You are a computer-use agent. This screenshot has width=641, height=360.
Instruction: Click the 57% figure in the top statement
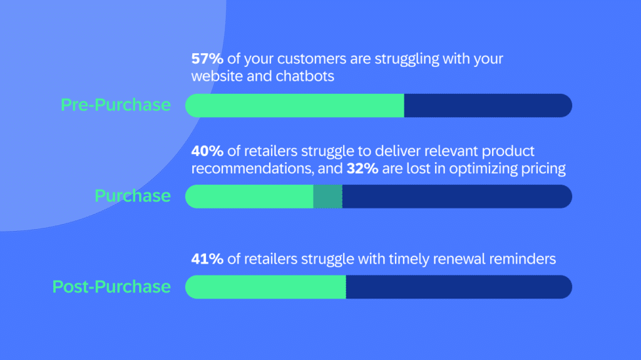coord(207,58)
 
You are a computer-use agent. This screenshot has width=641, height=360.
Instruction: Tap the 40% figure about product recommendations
coord(207,151)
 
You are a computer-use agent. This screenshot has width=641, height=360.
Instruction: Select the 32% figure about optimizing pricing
coord(362,168)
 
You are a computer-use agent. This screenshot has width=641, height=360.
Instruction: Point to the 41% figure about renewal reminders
coord(207,259)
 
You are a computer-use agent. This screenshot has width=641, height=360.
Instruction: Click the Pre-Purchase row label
coord(116,105)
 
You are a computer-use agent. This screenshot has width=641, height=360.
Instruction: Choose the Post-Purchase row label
coord(111,286)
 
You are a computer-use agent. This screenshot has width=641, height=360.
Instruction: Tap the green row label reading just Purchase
coord(133,195)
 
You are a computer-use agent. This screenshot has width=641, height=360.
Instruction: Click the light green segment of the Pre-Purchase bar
coord(295,106)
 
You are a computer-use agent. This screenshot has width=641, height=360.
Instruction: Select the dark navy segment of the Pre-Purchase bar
coord(488,106)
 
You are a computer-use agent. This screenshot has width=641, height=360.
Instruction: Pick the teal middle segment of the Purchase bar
coord(328,197)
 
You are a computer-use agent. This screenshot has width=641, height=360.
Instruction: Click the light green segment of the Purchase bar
coord(249,197)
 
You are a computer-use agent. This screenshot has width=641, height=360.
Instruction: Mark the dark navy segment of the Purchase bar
coord(458,197)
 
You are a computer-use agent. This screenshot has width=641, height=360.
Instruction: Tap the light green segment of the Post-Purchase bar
coord(265,287)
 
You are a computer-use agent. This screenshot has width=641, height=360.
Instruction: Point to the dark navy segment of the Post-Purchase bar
coord(459,287)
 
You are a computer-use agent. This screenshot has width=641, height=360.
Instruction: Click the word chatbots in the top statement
coord(305,76)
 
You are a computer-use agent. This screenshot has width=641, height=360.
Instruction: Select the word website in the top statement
coord(217,76)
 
